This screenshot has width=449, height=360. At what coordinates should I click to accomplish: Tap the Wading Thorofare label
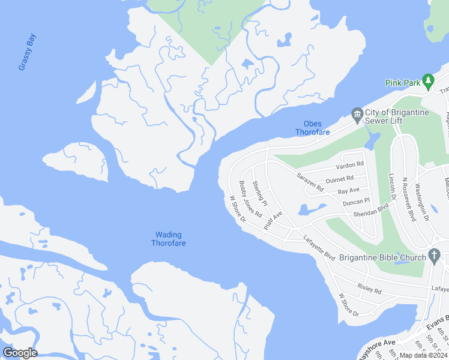[x=168, y=239]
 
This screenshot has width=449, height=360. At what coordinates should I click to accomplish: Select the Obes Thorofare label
[x=312, y=128]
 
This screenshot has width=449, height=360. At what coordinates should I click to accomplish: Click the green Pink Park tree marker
[x=427, y=80]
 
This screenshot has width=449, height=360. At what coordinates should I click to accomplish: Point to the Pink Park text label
[x=402, y=83]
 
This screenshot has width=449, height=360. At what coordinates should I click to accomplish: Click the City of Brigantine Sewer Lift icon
[x=357, y=114]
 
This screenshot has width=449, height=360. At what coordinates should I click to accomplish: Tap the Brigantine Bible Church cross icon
[x=435, y=257]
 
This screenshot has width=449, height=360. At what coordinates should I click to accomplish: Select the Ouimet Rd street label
[x=339, y=179]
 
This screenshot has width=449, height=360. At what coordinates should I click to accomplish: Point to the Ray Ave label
[x=349, y=191]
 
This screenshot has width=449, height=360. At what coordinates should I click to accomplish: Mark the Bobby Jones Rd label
[x=250, y=199]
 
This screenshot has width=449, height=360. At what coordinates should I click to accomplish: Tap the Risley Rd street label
[x=369, y=289]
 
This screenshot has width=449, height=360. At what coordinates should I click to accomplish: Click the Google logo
[x=20, y=353]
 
